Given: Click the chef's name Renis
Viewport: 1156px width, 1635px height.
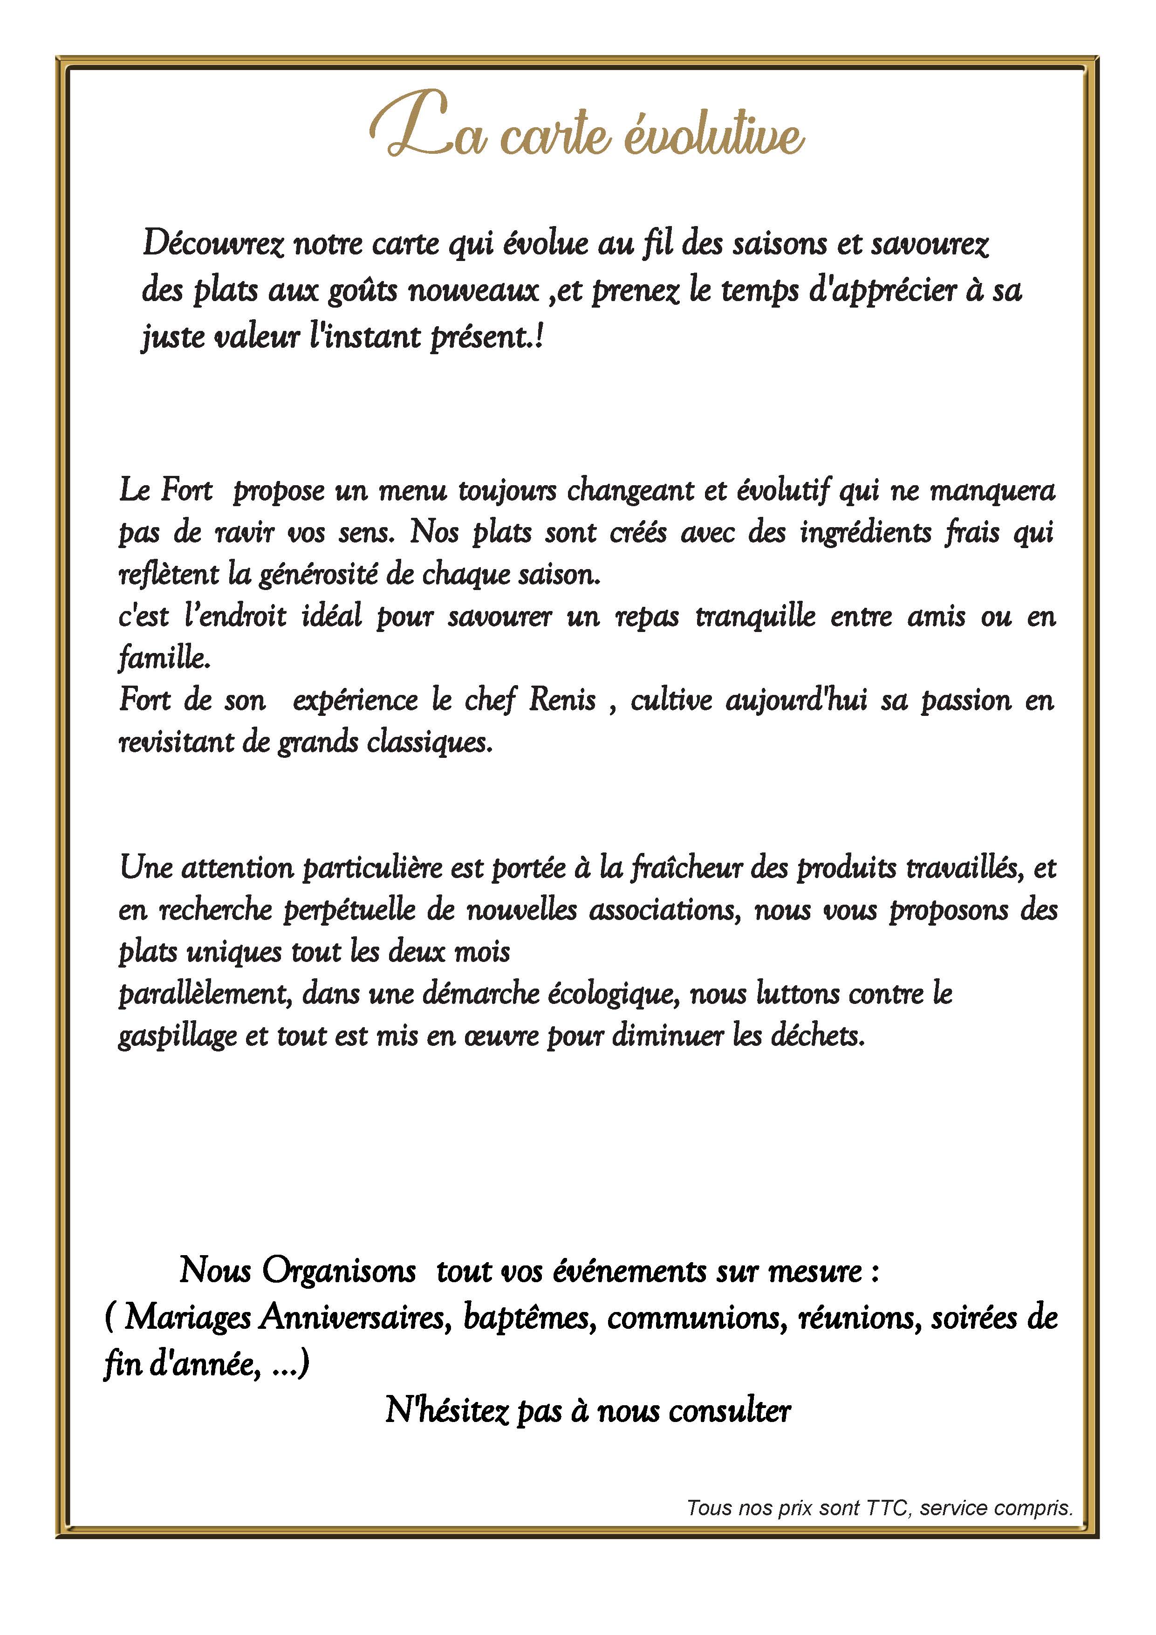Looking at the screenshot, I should pos(562,701).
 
